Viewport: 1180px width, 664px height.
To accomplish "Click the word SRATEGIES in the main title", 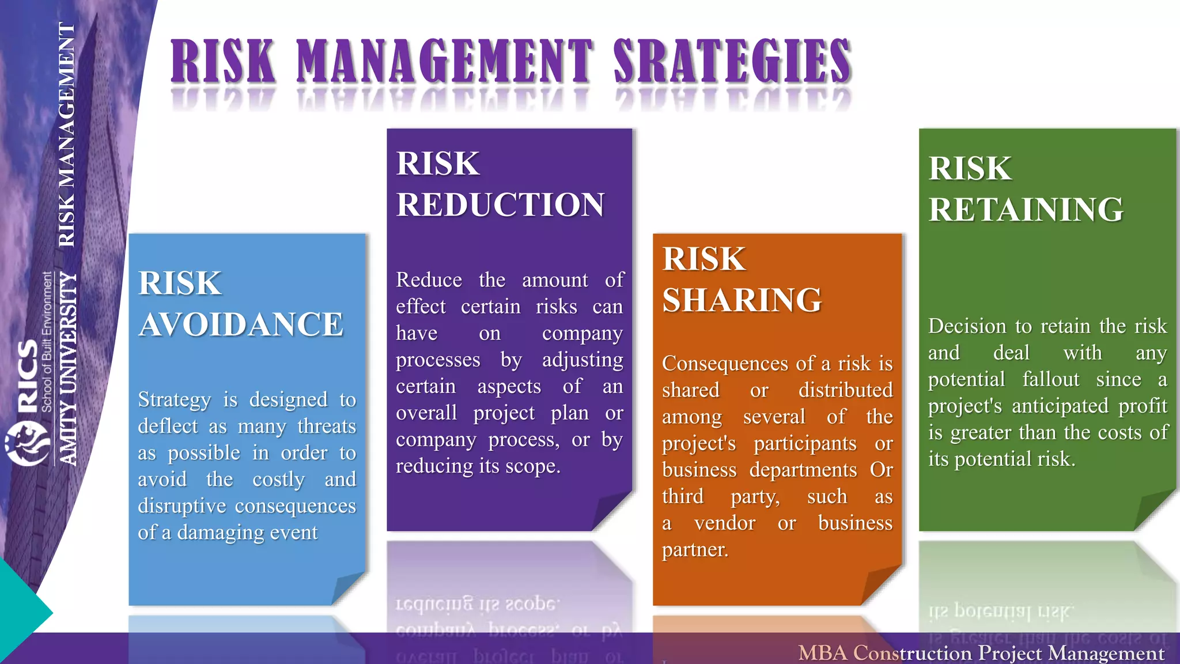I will tap(732, 62).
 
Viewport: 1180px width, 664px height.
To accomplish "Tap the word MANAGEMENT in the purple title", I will tap(444, 62).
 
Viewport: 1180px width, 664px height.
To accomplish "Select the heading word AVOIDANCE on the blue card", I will tap(241, 324).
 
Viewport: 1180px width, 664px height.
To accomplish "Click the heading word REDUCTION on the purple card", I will tap(500, 205).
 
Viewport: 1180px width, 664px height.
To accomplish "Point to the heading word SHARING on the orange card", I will tap(742, 300).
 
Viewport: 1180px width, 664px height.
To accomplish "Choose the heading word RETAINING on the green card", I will tap(1026, 209).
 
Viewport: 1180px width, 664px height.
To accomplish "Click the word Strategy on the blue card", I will tap(175, 400).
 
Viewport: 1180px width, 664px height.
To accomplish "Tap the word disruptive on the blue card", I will tap(182, 506).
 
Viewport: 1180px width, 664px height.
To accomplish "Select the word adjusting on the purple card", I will tap(582, 360).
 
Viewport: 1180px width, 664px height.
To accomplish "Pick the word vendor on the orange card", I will tap(724, 523).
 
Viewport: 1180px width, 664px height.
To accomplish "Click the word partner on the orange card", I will tap(694, 550).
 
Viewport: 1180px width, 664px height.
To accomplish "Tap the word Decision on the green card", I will tap(967, 326).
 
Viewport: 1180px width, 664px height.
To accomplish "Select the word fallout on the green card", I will tap(1050, 379).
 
